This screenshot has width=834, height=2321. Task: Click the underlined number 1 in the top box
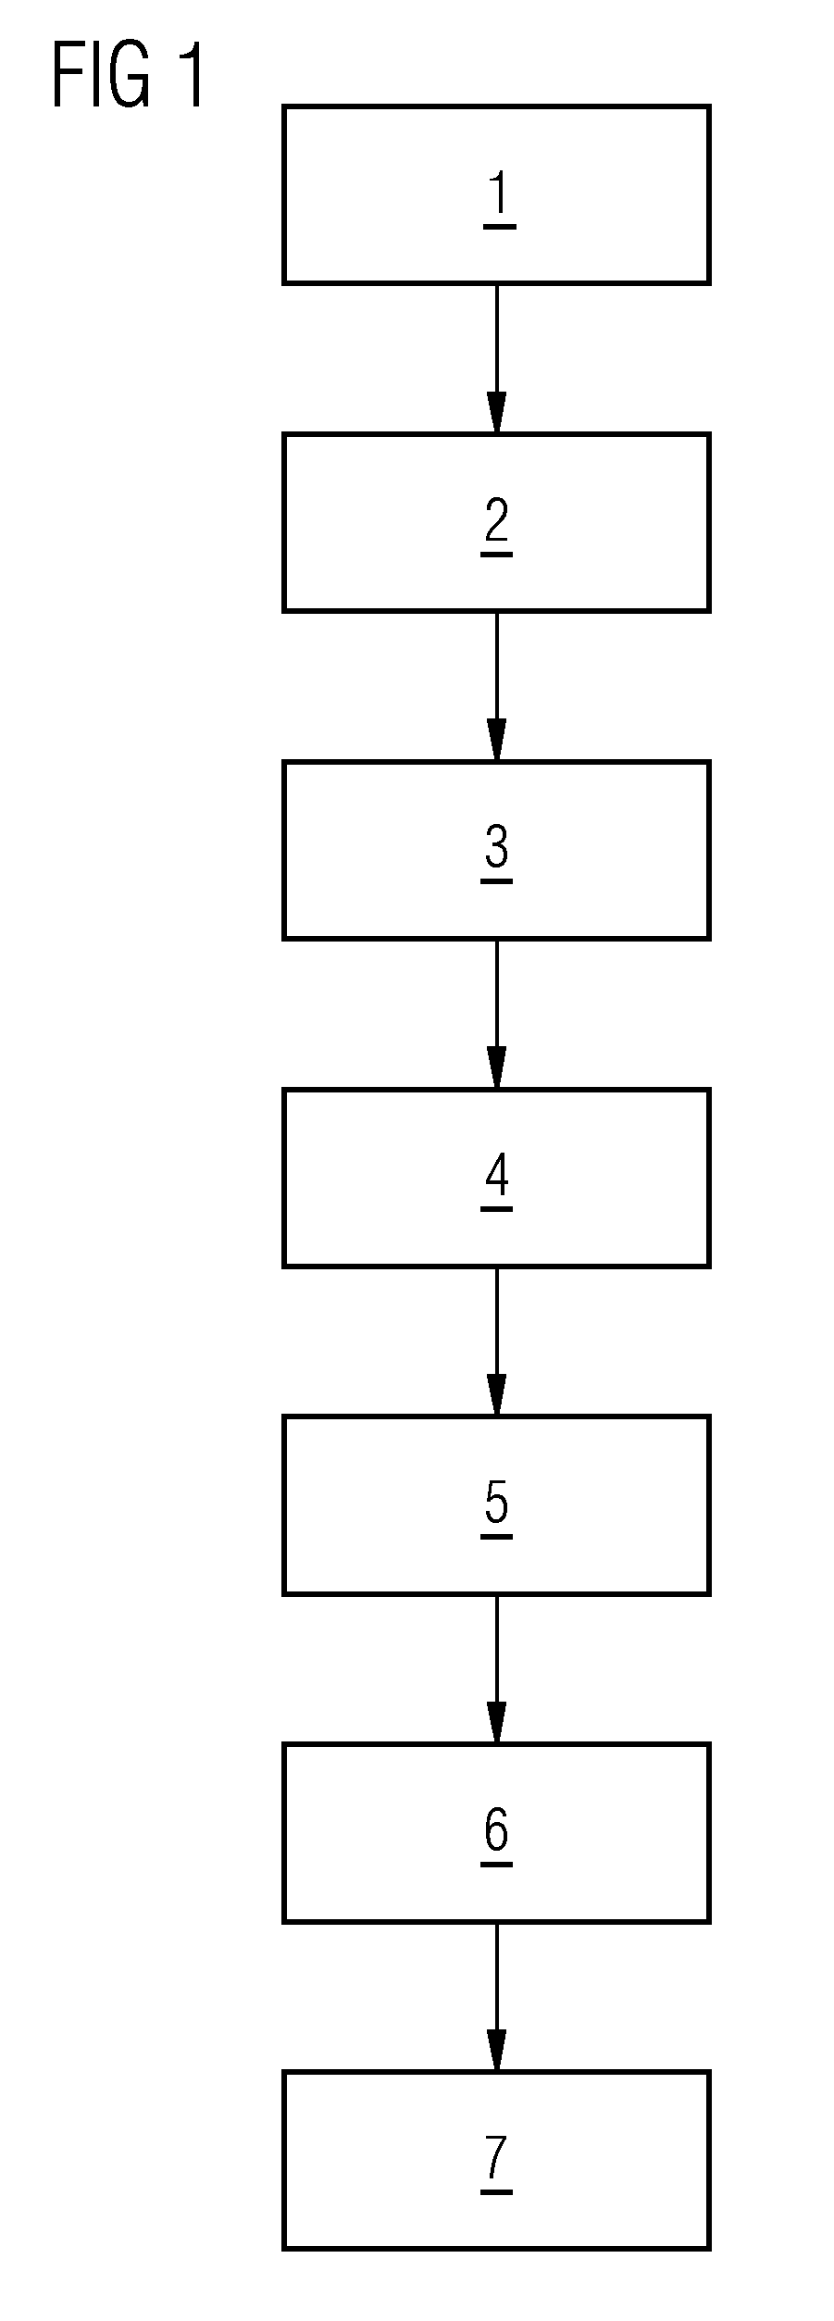(499, 198)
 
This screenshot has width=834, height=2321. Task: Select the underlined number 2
(497, 526)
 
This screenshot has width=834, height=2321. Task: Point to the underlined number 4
(497, 1181)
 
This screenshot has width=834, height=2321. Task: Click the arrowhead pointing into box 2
(497, 413)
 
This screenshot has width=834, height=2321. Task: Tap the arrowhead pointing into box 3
(497, 741)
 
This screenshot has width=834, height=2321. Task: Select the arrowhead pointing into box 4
(497, 1068)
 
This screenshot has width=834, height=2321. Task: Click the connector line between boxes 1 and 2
(497, 358)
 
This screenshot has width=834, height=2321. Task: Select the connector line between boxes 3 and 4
(497, 1014)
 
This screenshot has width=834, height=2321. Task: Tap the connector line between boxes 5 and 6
(497, 1669)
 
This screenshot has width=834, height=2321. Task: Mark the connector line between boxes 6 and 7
(497, 1997)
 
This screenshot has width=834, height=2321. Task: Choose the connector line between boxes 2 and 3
(497, 686)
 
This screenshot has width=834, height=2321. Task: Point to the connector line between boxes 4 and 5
(497, 1341)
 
